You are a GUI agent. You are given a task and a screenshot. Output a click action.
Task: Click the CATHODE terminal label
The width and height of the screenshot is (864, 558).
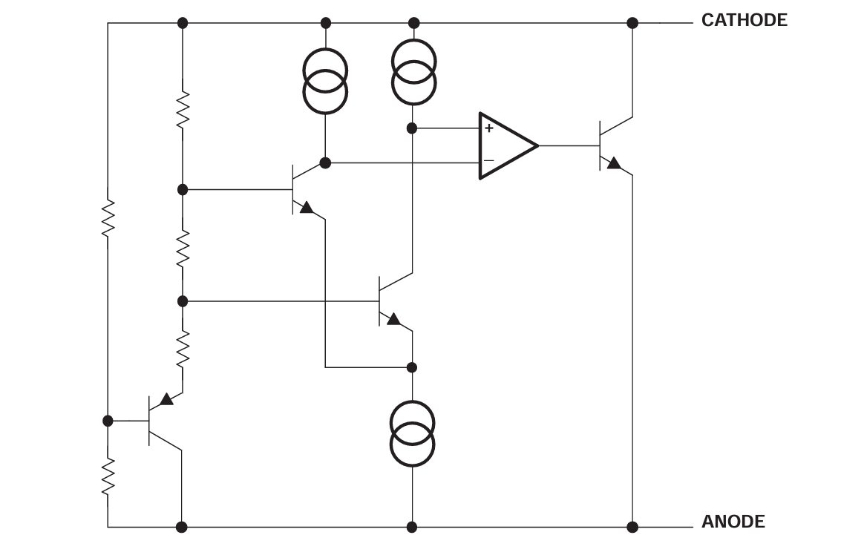(x=744, y=21)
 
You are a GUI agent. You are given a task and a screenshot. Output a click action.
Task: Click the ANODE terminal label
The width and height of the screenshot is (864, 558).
(x=733, y=522)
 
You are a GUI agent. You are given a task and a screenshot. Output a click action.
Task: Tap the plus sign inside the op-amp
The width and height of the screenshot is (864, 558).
(x=489, y=128)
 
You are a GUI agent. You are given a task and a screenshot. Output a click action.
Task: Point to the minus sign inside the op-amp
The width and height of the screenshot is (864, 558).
(x=489, y=161)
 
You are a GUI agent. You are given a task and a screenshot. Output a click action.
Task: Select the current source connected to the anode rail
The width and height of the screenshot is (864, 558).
(x=412, y=433)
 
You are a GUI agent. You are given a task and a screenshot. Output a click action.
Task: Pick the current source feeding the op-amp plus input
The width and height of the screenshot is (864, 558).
(x=413, y=72)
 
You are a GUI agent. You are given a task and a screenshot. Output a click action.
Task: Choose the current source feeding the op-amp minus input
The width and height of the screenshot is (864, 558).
(x=325, y=81)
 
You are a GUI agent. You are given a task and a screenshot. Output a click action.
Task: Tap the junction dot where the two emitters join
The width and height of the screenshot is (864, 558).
(x=412, y=367)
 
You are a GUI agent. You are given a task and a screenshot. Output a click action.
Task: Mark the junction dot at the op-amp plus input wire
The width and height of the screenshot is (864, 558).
(x=412, y=128)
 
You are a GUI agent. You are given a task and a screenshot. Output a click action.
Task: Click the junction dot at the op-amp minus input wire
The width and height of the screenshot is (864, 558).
(x=325, y=163)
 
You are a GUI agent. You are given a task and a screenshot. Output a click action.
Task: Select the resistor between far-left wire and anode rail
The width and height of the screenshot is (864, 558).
(x=108, y=476)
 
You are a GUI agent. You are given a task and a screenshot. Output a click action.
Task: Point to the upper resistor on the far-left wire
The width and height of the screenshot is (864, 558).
(x=108, y=217)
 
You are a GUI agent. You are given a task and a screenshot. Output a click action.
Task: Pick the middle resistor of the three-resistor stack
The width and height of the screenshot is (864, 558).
(x=183, y=248)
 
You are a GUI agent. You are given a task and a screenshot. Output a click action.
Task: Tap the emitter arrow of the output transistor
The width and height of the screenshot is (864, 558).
(x=614, y=163)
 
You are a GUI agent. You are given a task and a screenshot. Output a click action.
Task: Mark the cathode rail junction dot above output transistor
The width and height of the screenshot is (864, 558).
(x=632, y=23)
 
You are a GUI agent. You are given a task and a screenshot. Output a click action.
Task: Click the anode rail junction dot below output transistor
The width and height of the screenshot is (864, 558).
(x=632, y=527)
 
